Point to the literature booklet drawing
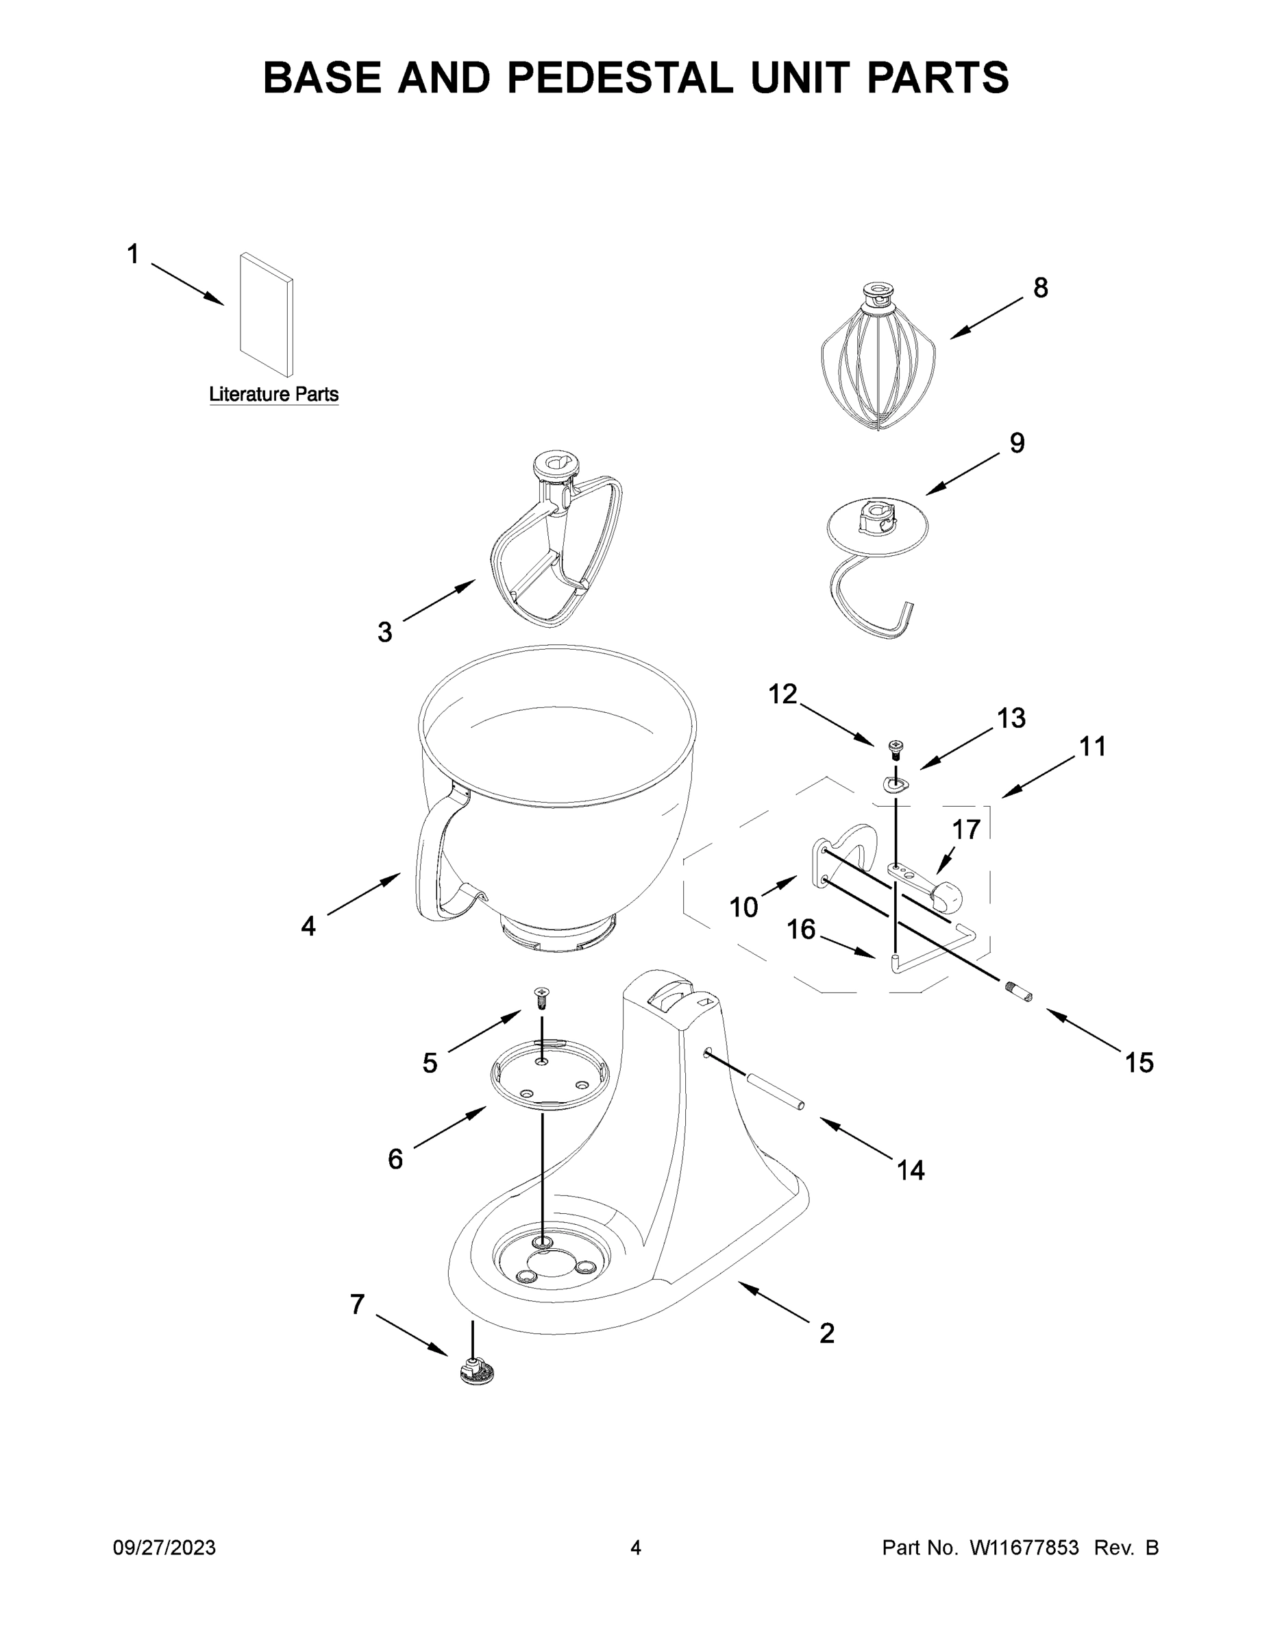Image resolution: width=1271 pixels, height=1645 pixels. pyautogui.click(x=267, y=315)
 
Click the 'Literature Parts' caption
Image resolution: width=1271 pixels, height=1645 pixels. pyautogui.click(x=273, y=394)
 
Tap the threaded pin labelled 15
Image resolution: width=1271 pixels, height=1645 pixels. pyautogui.click(x=1019, y=991)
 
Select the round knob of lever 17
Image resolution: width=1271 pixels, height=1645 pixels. pyautogui.click(x=947, y=897)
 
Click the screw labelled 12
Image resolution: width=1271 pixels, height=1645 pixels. pyautogui.click(x=896, y=747)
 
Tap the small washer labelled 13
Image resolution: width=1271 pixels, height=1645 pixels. pyautogui.click(x=896, y=785)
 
